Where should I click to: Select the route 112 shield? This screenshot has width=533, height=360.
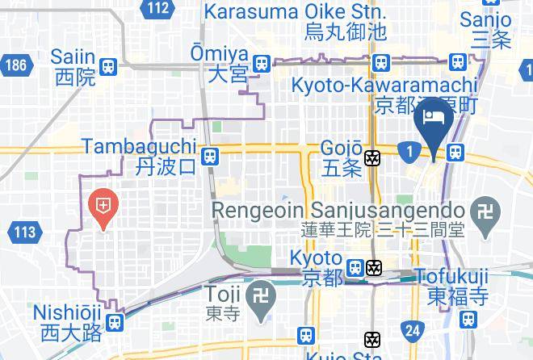(158, 9)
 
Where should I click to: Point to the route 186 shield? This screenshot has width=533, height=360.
(15, 64)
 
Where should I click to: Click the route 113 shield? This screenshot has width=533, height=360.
(24, 233)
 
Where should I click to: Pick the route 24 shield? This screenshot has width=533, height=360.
(413, 329)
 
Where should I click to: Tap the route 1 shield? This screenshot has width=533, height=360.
(410, 151)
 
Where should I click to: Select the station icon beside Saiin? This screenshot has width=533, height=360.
(109, 67)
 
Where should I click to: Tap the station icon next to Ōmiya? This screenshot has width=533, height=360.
(261, 64)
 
